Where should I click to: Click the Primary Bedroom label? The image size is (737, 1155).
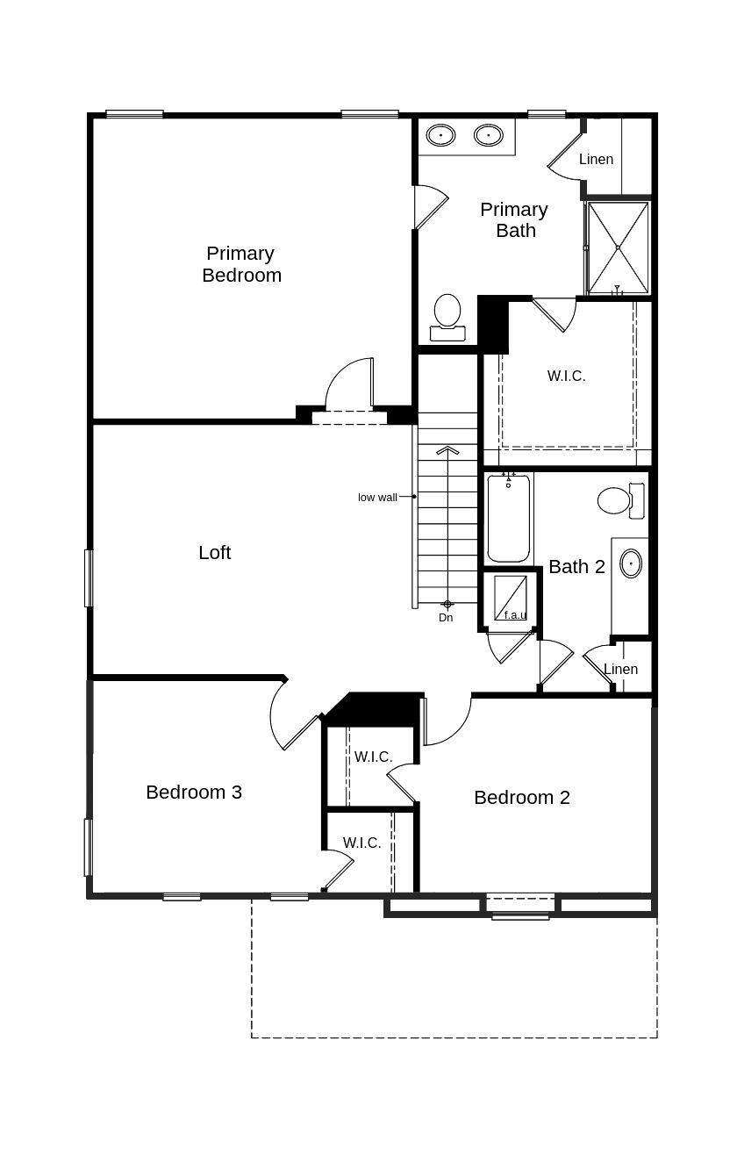(241, 264)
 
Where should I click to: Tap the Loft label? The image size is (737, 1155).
(214, 552)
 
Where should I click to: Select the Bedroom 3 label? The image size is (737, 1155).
(194, 792)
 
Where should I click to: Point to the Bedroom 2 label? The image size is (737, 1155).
(521, 797)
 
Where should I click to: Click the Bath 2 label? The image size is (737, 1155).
(576, 567)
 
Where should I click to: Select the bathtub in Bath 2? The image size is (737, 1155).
(509, 519)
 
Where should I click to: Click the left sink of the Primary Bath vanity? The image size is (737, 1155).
(440, 135)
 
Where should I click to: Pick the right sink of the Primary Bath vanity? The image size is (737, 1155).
(488, 135)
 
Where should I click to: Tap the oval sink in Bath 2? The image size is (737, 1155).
(631, 563)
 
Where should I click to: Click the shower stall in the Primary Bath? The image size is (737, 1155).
(618, 247)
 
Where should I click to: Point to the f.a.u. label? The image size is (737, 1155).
(515, 614)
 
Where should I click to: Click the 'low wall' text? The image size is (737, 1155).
(377, 498)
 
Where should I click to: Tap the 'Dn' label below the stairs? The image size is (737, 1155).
(446, 618)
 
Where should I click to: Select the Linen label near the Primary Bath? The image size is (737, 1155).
(596, 160)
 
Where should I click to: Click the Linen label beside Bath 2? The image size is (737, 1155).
(620, 669)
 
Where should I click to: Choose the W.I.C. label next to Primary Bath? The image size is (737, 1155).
(566, 376)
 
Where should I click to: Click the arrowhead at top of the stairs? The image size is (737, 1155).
(447, 450)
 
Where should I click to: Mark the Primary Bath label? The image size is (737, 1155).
(514, 219)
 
